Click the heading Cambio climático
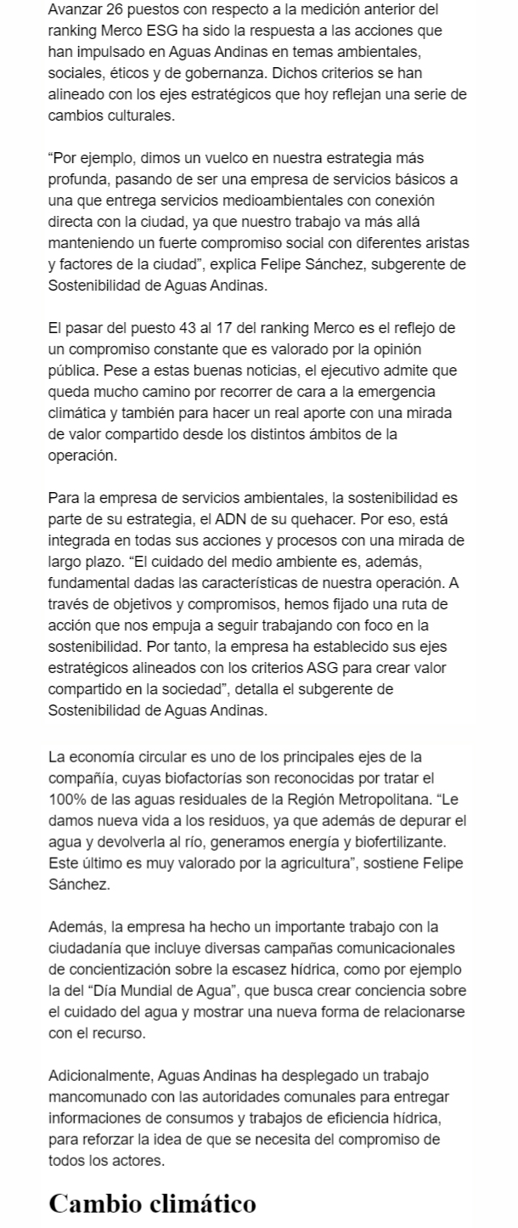click(152, 1204)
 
